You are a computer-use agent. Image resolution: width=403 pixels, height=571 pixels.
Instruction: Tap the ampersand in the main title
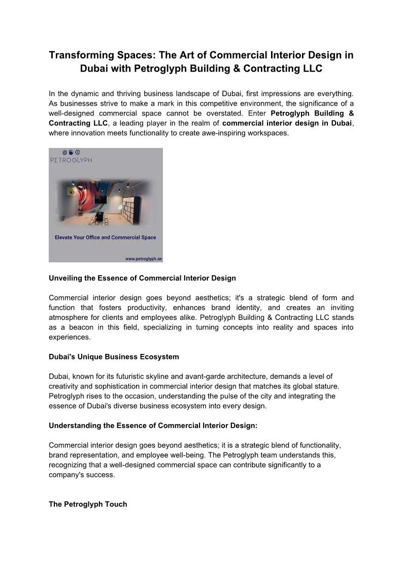coord(264,68)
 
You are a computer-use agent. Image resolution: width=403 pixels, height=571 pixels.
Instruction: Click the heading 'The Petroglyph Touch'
coord(88,504)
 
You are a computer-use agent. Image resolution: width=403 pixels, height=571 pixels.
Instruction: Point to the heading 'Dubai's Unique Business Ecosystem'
coord(114,356)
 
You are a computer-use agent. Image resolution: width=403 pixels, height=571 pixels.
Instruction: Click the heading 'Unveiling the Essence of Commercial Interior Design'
coord(142,278)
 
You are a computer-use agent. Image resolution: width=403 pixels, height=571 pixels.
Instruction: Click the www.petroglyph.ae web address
coord(144,258)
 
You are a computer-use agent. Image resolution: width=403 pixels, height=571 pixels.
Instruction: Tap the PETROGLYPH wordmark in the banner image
coord(71,160)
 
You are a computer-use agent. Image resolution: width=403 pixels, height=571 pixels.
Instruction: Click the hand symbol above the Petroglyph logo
coord(71,152)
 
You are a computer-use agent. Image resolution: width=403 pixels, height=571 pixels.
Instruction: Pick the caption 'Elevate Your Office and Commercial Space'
coord(105,237)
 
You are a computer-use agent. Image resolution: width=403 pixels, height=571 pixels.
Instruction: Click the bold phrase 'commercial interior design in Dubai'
coord(287,125)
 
